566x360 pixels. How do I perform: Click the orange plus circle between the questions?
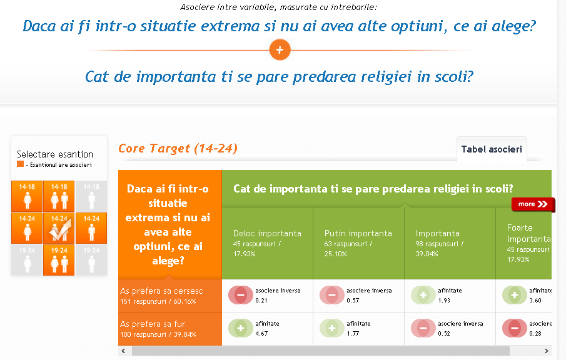(280, 50)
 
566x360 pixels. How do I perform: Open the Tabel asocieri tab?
(492, 149)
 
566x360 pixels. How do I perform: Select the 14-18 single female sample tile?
(27, 196)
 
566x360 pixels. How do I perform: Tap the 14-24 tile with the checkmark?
(59, 228)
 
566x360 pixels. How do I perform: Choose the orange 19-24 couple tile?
(59, 260)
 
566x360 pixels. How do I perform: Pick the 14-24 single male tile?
(91, 228)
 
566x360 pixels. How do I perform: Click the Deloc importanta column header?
(267, 233)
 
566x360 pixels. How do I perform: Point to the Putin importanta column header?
(358, 233)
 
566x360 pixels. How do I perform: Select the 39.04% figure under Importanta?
(427, 254)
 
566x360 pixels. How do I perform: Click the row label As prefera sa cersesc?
(161, 291)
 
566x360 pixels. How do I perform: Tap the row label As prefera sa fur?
(153, 324)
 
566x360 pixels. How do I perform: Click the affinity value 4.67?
(261, 334)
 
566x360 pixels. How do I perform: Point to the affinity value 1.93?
(444, 301)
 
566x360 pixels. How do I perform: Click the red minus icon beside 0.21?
(240, 295)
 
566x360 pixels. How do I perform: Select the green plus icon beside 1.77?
(331, 328)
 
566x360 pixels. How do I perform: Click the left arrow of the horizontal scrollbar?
(123, 351)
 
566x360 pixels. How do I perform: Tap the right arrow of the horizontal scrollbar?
(546, 351)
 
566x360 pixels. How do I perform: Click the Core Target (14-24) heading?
(178, 148)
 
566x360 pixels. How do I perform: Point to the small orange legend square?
(20, 164)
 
